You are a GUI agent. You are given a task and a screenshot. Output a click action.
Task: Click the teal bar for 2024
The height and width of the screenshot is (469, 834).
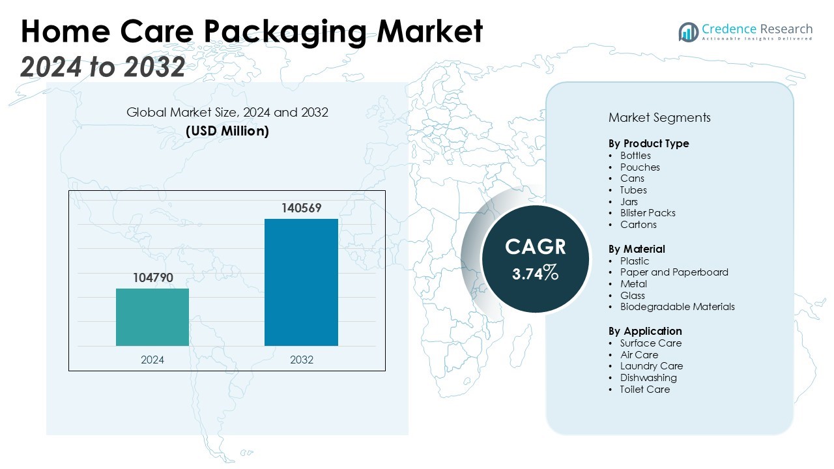pyautogui.click(x=152, y=317)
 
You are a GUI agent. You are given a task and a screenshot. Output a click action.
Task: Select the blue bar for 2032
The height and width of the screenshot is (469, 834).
pyautogui.click(x=301, y=282)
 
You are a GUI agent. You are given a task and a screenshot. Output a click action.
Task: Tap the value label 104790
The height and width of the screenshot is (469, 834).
pyautogui.click(x=152, y=278)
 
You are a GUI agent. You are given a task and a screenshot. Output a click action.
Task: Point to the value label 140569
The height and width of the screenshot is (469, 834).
pyautogui.click(x=301, y=208)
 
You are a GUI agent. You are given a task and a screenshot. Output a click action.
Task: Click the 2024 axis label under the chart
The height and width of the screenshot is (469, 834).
pyautogui.click(x=152, y=360)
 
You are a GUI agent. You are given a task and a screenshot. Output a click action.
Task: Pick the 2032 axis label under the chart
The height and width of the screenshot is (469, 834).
pyautogui.click(x=301, y=360)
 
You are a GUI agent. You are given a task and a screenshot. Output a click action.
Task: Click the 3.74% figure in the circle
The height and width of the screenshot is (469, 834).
pyautogui.click(x=535, y=274)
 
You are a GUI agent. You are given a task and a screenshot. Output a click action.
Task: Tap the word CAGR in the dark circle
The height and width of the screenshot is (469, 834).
pyautogui.click(x=536, y=247)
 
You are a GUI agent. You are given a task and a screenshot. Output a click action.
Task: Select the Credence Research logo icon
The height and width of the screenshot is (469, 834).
pyautogui.click(x=688, y=31)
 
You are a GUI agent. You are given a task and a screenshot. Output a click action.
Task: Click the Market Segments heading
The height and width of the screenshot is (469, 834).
pyautogui.click(x=659, y=118)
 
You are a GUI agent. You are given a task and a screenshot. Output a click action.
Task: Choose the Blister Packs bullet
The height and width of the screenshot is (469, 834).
pyautogui.click(x=648, y=213)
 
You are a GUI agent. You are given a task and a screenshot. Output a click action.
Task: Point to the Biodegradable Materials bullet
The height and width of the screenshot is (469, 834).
pyautogui.click(x=677, y=307)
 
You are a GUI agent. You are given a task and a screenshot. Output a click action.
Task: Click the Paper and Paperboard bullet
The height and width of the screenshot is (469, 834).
pyautogui.click(x=674, y=272)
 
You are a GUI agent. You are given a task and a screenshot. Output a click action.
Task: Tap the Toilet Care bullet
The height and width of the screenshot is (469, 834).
pyautogui.click(x=644, y=390)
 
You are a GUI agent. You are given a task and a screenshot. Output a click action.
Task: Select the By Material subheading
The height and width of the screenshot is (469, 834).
pyautogui.click(x=637, y=249)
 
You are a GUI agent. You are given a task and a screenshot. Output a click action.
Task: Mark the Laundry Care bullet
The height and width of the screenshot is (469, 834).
pyautogui.click(x=652, y=366)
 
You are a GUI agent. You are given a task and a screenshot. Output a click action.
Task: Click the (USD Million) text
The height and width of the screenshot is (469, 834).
pyautogui.click(x=227, y=131)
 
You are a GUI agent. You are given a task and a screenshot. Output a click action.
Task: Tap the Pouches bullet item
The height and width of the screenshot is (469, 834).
pyautogui.click(x=640, y=167)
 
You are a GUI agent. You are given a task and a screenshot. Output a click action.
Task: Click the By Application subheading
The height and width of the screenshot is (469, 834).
pyautogui.click(x=645, y=331)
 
